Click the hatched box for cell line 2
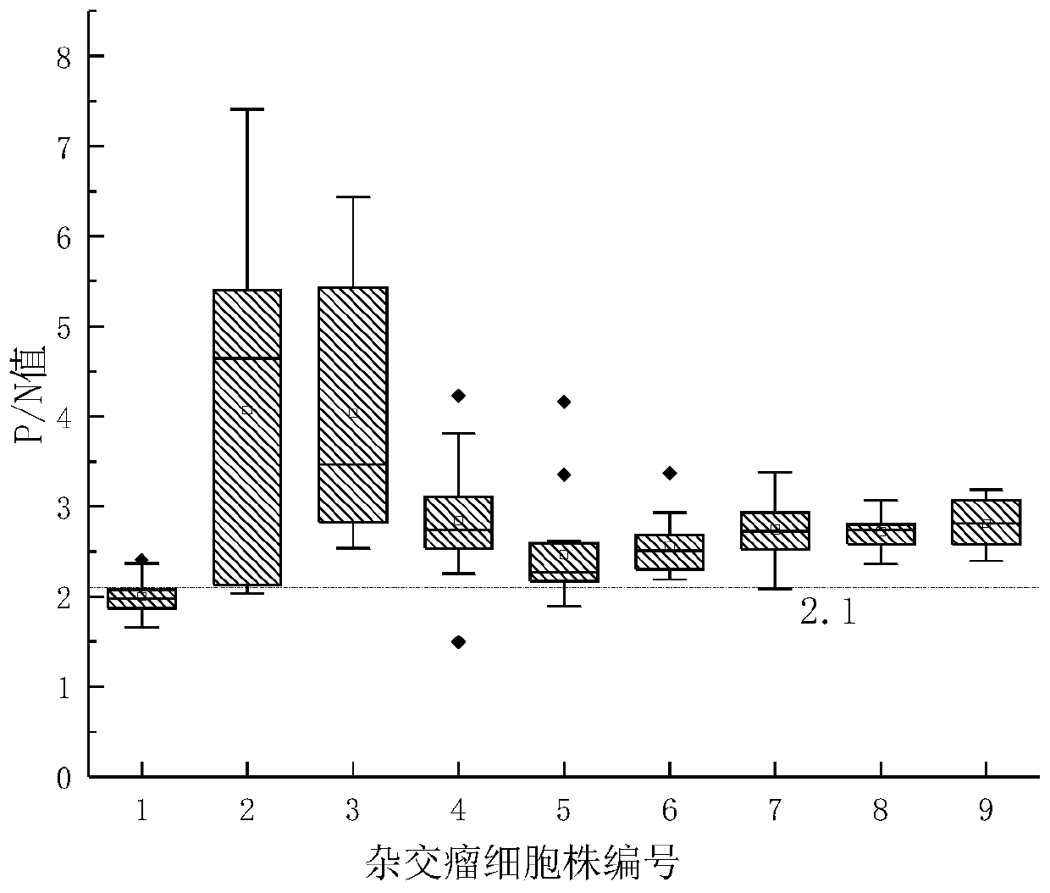tap(247, 437)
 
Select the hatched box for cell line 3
tap(353, 405)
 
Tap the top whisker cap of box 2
tap(247, 109)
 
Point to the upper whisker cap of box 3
tap(353, 197)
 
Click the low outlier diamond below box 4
tap(458, 641)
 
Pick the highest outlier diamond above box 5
tap(564, 402)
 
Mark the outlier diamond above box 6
tap(669, 474)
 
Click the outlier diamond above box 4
tap(458, 396)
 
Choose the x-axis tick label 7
tap(775, 812)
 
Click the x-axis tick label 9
tap(986, 812)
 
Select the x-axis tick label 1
tap(141, 812)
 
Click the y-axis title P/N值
tap(32, 398)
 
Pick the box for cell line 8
tap(881, 534)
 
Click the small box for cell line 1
tap(141, 598)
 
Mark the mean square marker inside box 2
tap(247, 410)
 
